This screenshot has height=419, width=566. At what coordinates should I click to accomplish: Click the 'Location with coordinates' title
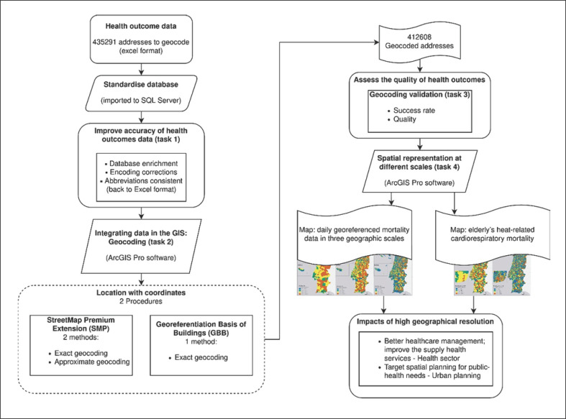(146, 295)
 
